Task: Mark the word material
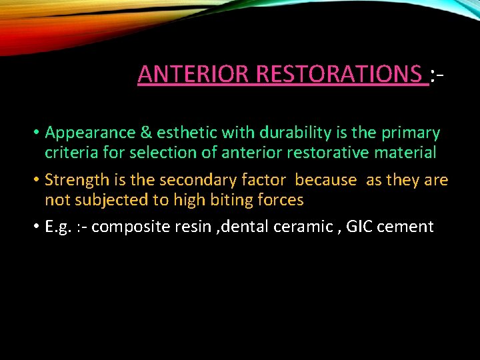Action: pos(407,153)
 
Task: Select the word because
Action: pos(326,180)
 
